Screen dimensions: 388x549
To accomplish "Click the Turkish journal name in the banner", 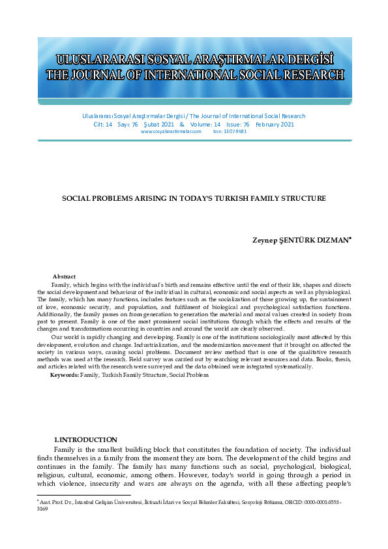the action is pyautogui.click(x=194, y=57).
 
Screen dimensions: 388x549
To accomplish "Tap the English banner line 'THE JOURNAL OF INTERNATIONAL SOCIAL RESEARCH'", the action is pyautogui.click(x=194, y=76).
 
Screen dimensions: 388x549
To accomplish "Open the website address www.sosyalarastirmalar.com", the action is pyautogui.click(x=171, y=131).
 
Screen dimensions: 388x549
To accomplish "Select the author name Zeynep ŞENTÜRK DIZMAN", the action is pyautogui.click(x=301, y=241).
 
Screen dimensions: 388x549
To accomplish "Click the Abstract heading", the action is pyautogui.click(x=64, y=277).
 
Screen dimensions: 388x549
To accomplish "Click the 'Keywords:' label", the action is pyautogui.click(x=65, y=376).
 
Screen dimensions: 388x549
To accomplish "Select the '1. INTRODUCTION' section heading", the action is pyautogui.click(x=85, y=440).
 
